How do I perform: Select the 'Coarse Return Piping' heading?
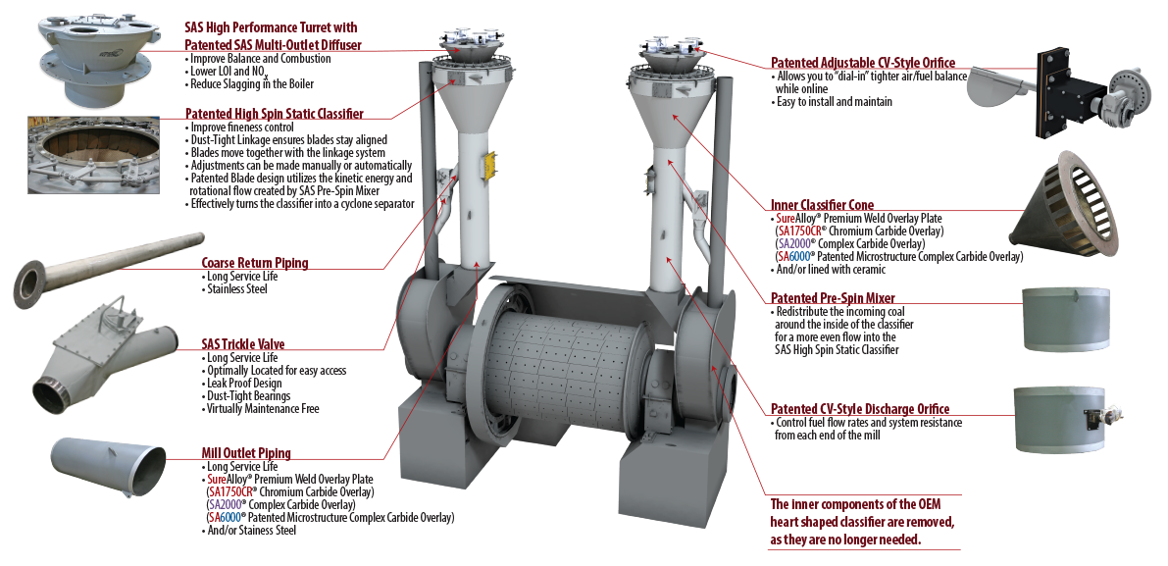tap(254, 263)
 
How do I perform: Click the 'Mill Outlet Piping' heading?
tap(245, 453)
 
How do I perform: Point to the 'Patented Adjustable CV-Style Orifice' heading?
tap(862, 63)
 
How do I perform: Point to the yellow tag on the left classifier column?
tap(482, 166)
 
